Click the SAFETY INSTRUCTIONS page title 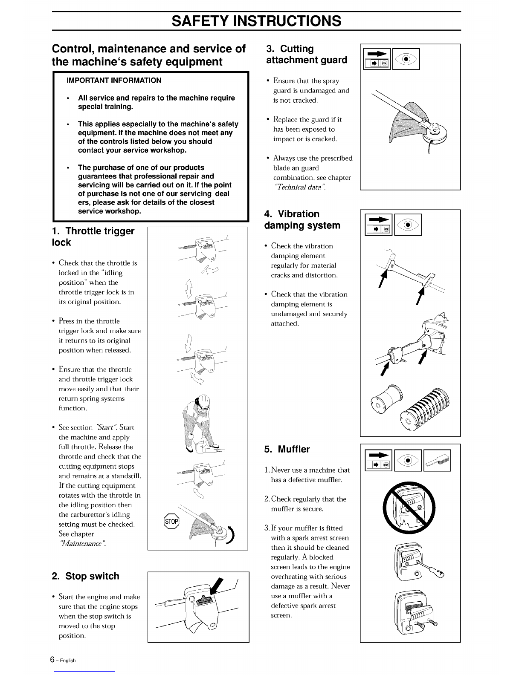(x=256, y=21)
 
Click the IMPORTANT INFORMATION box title (x=114, y=81)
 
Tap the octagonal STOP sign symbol (x=171, y=521)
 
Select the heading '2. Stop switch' (x=85, y=576)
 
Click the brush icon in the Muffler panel (x=437, y=460)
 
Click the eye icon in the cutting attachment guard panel (x=406, y=59)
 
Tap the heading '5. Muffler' (x=287, y=449)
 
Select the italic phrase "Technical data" (x=299, y=187)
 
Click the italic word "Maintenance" (x=82, y=543)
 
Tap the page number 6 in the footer (x=52, y=659)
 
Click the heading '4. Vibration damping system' (x=302, y=219)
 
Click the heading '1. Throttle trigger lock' (x=93, y=237)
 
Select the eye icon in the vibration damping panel (x=408, y=225)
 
